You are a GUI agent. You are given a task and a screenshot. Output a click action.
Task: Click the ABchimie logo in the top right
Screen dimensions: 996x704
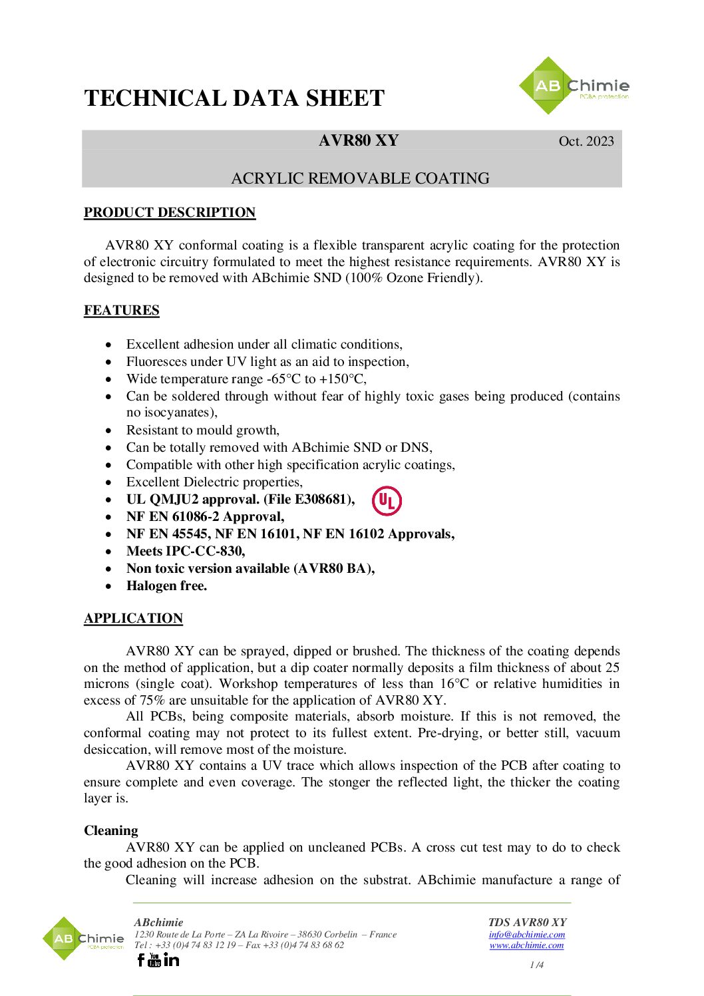click(573, 86)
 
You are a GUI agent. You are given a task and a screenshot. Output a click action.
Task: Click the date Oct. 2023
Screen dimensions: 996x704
click(586, 141)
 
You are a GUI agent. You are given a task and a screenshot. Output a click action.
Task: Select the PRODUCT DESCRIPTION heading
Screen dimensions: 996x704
click(170, 212)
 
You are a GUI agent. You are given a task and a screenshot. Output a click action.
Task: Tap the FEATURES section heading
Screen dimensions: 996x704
click(122, 310)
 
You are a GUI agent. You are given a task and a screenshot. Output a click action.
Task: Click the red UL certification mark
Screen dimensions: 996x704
click(387, 501)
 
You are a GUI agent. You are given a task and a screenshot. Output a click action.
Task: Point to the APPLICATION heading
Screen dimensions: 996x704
click(133, 618)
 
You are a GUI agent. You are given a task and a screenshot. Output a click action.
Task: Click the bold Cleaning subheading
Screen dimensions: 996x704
click(111, 830)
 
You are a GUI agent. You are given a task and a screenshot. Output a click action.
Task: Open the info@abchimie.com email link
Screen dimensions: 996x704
click(526, 934)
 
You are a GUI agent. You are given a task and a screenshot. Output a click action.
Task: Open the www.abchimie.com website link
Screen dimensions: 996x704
click(526, 945)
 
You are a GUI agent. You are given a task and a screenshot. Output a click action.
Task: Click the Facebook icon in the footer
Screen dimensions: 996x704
click(140, 959)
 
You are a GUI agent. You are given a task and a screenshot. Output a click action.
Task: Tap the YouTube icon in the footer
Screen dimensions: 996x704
click(154, 959)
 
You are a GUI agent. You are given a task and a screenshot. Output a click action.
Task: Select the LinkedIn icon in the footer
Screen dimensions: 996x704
click(171, 959)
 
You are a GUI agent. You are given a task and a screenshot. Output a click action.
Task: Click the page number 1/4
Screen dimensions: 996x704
click(536, 965)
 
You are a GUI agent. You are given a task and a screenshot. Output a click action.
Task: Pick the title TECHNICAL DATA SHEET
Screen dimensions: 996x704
click(234, 98)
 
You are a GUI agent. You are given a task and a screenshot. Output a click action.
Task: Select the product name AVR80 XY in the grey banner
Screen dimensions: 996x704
click(359, 140)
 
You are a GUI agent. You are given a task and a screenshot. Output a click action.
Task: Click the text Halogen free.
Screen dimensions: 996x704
click(166, 585)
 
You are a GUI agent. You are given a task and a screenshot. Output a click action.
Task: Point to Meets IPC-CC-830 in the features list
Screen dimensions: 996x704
click(186, 551)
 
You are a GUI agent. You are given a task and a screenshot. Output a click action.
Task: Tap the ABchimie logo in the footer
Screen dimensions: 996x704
click(83, 939)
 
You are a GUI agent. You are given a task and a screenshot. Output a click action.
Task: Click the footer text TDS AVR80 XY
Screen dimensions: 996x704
click(527, 922)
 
